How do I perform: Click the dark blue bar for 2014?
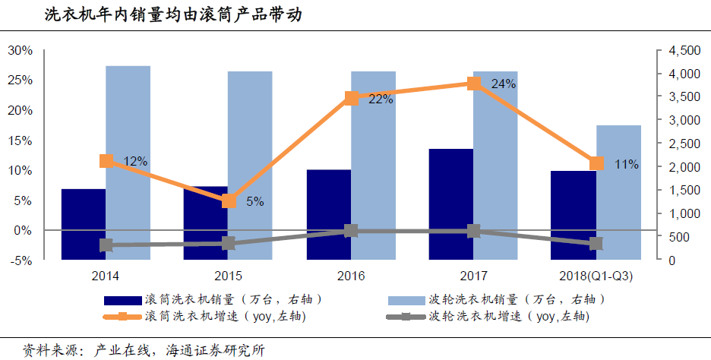83,223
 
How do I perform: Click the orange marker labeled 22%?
351,98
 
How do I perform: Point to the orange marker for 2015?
229,201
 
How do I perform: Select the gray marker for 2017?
473,231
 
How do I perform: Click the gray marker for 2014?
106,245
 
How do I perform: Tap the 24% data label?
504,84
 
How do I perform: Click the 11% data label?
627,164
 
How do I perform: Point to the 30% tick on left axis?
20,51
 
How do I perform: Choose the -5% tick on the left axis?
20,260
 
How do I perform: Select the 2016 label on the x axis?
351,276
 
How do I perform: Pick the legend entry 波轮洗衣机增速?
509,316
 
